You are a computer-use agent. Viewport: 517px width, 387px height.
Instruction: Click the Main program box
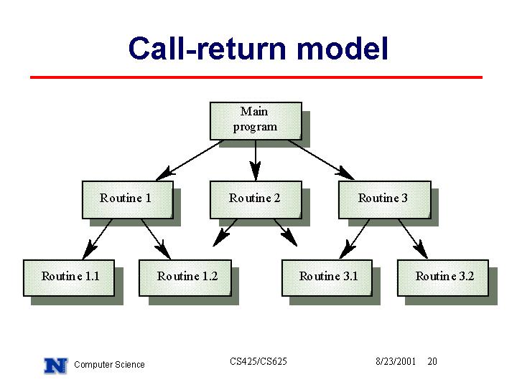[x=256, y=121]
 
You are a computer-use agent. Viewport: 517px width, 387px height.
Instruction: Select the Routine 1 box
[x=128, y=200]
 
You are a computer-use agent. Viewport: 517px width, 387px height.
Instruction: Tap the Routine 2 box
[x=256, y=200]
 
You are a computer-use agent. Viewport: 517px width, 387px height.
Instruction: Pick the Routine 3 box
[x=385, y=200]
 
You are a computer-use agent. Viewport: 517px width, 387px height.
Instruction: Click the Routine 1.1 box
[x=69, y=278]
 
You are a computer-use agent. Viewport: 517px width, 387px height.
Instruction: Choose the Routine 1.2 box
[x=185, y=278]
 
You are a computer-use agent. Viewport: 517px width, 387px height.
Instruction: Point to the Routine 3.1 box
[x=327, y=278]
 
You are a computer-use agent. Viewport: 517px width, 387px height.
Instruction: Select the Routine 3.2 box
[x=443, y=278]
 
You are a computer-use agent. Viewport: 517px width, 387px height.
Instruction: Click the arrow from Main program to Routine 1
[x=190, y=161]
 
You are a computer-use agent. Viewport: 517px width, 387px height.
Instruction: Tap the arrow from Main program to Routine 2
[x=256, y=161]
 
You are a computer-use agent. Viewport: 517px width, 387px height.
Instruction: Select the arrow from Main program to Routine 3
[x=322, y=161]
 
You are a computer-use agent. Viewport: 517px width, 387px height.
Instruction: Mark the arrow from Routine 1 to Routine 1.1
[x=97, y=239]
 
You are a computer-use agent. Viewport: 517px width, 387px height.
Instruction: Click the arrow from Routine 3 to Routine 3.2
[x=413, y=239]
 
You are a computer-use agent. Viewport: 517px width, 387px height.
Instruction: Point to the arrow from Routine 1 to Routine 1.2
[x=156, y=239]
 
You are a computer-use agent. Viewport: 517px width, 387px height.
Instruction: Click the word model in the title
[x=343, y=49]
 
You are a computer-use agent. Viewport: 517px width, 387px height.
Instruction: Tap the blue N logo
[x=56, y=365]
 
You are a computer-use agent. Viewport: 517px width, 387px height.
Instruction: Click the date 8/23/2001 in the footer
[x=396, y=362]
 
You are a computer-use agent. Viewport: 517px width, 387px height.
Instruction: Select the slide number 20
[x=432, y=362]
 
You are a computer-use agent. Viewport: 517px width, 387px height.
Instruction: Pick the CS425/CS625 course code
[x=258, y=361]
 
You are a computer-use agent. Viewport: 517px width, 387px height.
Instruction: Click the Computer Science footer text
[x=109, y=365]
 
